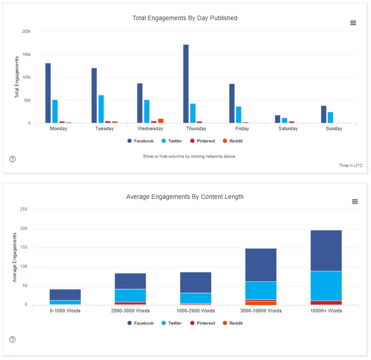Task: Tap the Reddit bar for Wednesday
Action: (161, 121)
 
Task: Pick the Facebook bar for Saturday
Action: (278, 119)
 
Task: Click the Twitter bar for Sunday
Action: (330, 118)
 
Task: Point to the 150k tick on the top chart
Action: (26, 55)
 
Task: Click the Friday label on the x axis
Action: (242, 129)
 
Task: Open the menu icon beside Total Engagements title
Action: (353, 23)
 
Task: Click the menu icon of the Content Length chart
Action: (355, 201)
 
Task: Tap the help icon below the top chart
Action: (13, 159)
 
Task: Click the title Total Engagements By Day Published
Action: (185, 18)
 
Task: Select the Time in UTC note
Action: (350, 166)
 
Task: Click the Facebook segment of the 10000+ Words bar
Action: (326, 250)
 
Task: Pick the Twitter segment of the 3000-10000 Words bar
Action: (261, 290)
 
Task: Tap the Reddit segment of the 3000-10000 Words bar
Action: (261, 303)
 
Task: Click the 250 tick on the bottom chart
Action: (24, 209)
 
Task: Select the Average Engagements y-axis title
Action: (15, 257)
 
